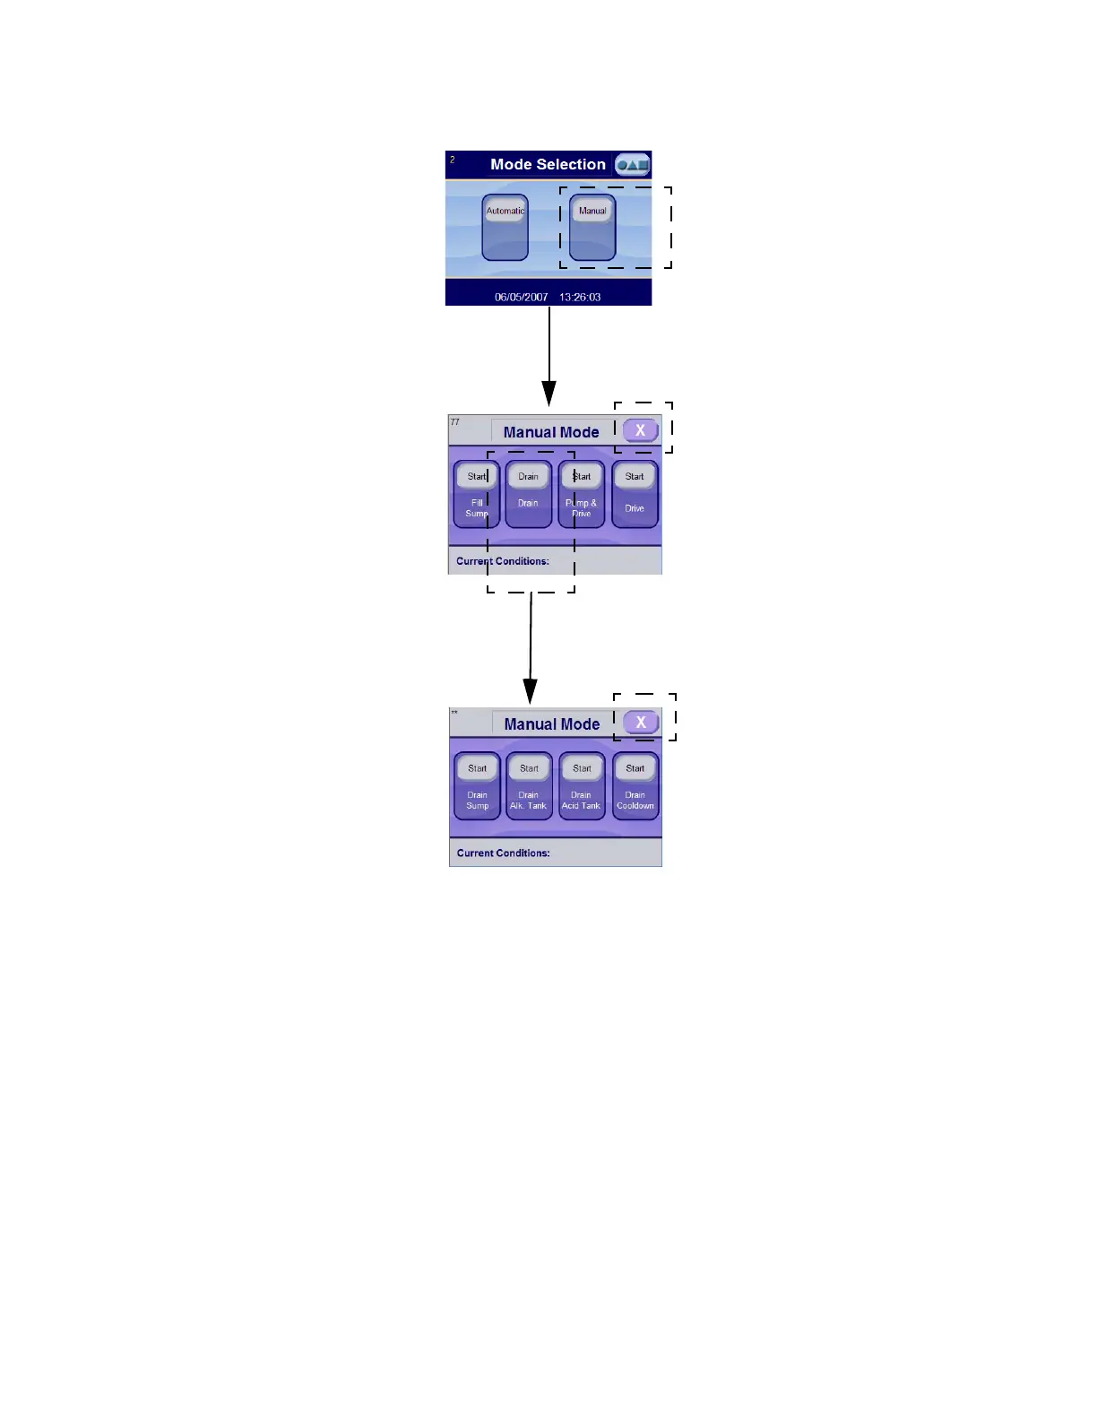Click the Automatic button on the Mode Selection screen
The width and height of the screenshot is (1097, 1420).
click(505, 212)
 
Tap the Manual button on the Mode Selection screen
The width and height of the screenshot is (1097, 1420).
click(592, 212)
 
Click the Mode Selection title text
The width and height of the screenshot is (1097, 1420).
click(548, 164)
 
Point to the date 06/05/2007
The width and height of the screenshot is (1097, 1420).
click(521, 297)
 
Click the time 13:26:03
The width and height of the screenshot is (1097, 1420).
click(580, 297)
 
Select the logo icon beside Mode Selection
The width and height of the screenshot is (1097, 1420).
click(632, 165)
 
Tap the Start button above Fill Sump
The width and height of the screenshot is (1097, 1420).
click(477, 476)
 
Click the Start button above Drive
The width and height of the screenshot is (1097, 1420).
click(635, 476)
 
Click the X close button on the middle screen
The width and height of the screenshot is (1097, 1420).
click(640, 430)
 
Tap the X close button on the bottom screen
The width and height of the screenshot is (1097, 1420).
click(641, 723)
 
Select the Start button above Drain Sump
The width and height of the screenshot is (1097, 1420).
click(477, 768)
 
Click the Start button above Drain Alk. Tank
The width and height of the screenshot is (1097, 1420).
click(529, 768)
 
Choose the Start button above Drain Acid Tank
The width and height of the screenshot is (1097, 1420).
click(582, 768)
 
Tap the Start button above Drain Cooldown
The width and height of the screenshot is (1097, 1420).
click(635, 768)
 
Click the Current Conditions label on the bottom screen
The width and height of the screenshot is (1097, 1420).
click(503, 853)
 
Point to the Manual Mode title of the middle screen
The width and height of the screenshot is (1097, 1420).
click(551, 432)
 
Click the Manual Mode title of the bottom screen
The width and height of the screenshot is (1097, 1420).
click(551, 724)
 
